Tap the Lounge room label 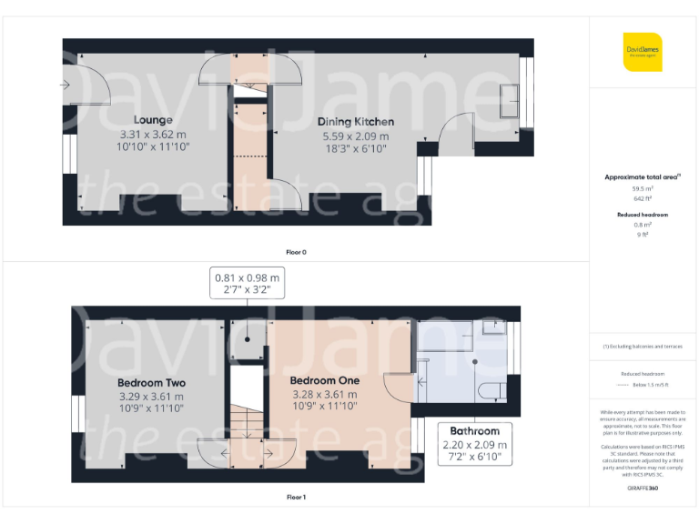[153, 120]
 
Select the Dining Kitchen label [355, 122]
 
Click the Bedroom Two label [152, 383]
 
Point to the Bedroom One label [324, 380]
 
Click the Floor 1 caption [296, 498]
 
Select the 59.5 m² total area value [643, 188]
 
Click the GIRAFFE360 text [643, 489]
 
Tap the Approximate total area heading [641, 176]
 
